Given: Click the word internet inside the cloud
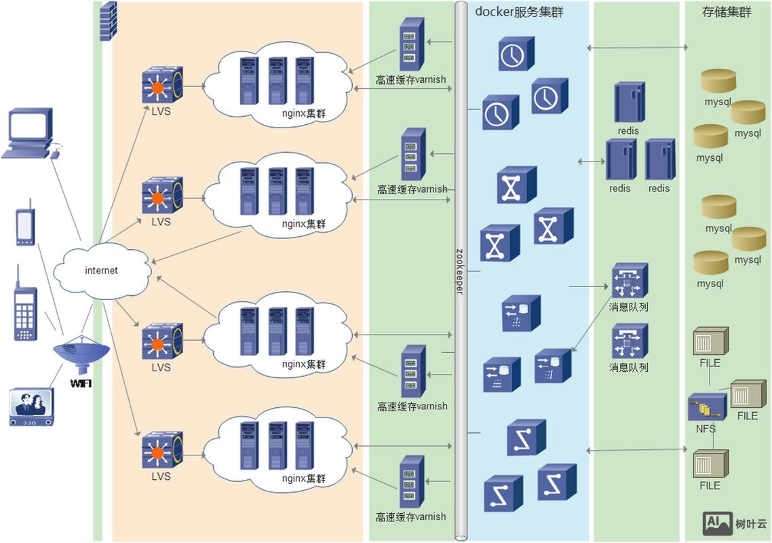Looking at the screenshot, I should point(101,270).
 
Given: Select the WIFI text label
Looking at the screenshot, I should point(81,383).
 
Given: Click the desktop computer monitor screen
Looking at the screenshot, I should point(29,126).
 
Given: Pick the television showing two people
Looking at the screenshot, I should point(32,406).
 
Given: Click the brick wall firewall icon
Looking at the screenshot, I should point(109,21).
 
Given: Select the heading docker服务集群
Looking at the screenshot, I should point(519,12).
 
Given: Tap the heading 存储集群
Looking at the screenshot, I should point(727,12).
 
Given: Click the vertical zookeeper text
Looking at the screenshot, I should point(460,271).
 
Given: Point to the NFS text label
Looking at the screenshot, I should point(706,429).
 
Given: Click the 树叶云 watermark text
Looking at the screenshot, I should point(750,523).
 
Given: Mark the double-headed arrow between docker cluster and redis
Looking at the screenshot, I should point(591,162).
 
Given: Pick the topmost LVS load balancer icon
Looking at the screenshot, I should point(161,85).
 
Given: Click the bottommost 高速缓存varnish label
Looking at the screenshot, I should point(412,517).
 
